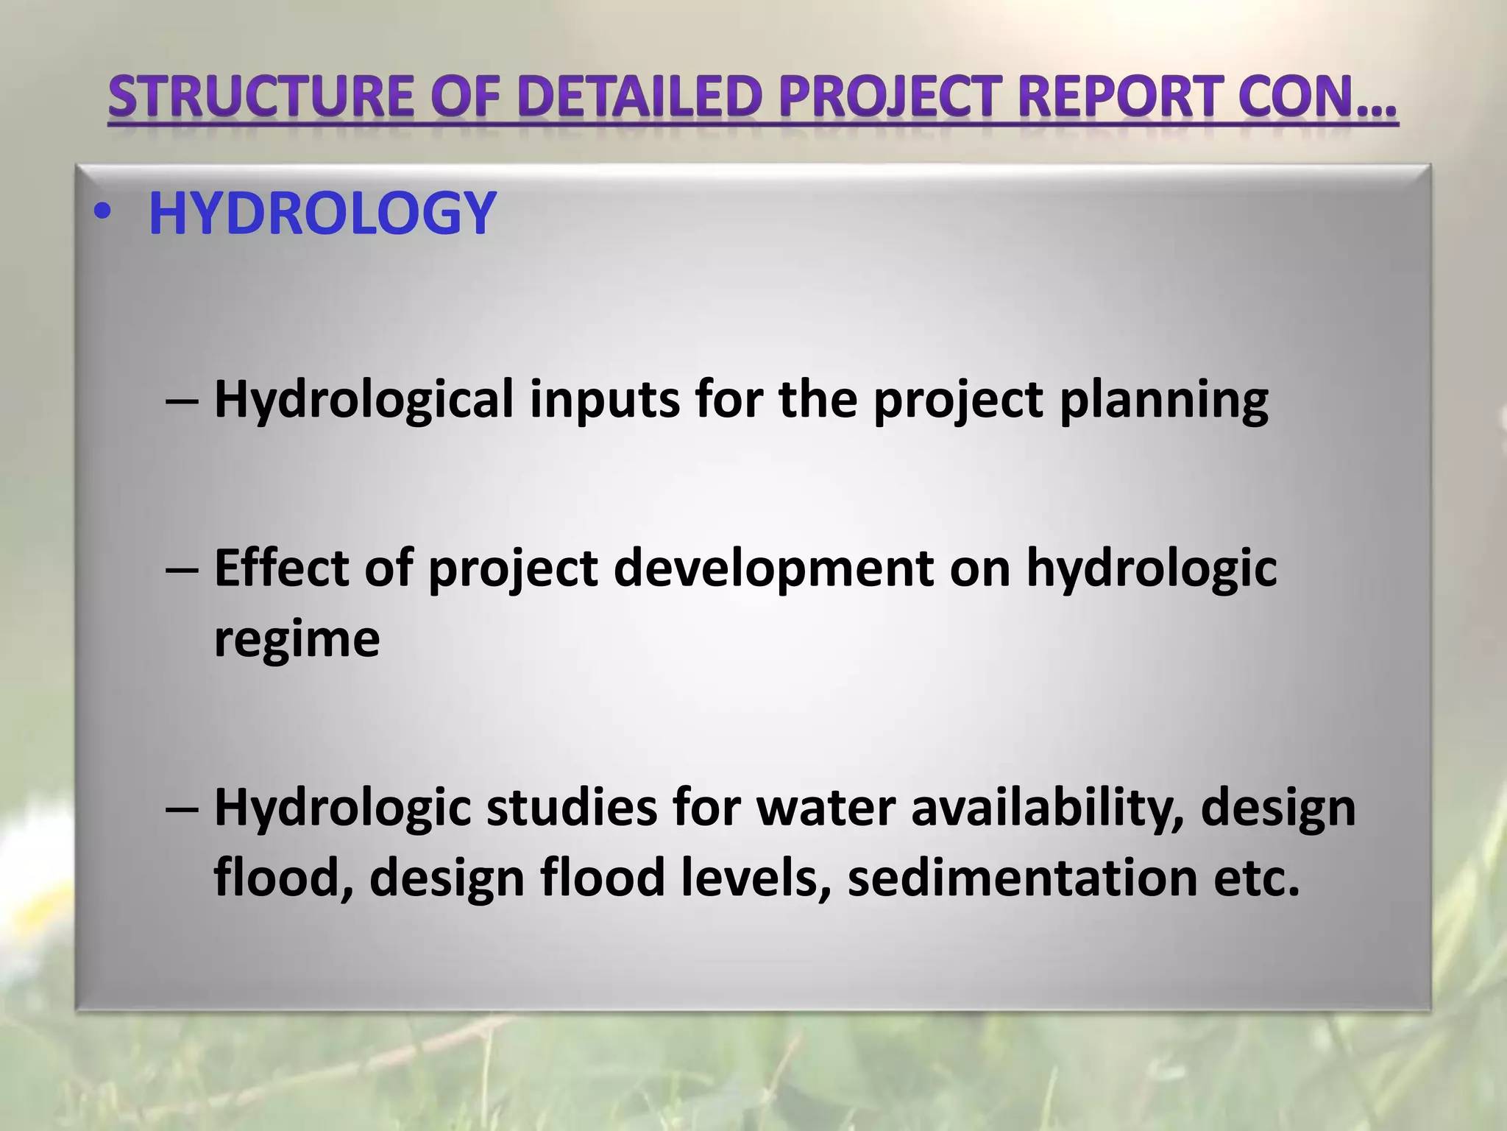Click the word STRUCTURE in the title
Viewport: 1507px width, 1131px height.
(261, 97)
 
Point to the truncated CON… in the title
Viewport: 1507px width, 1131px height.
(1316, 97)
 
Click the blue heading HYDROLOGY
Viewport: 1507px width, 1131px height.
(322, 214)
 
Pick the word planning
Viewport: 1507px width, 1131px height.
(1163, 401)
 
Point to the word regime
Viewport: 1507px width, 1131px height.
(297, 639)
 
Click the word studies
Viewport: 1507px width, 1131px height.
(571, 808)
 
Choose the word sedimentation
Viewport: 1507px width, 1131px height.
(1023, 878)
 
